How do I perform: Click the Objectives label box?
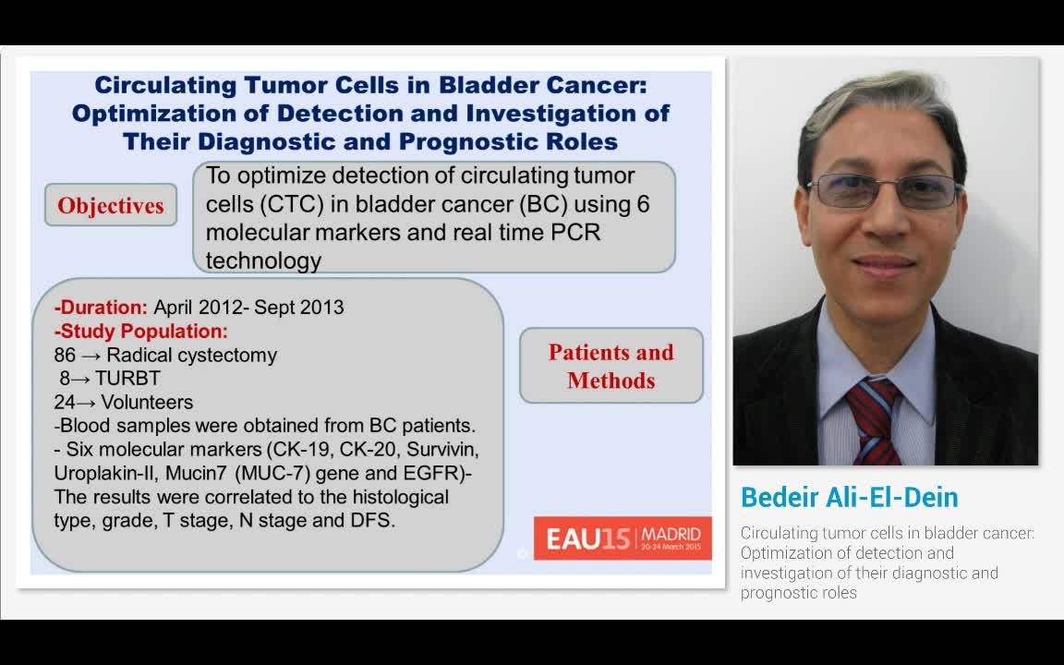coord(111,205)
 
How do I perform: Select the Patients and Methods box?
coord(611,366)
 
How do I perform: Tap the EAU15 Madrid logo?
coord(623,538)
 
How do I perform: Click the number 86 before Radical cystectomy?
coord(65,355)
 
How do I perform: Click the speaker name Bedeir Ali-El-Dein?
coord(849,497)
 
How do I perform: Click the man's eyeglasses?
coord(885,190)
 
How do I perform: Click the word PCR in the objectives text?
coord(574,232)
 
